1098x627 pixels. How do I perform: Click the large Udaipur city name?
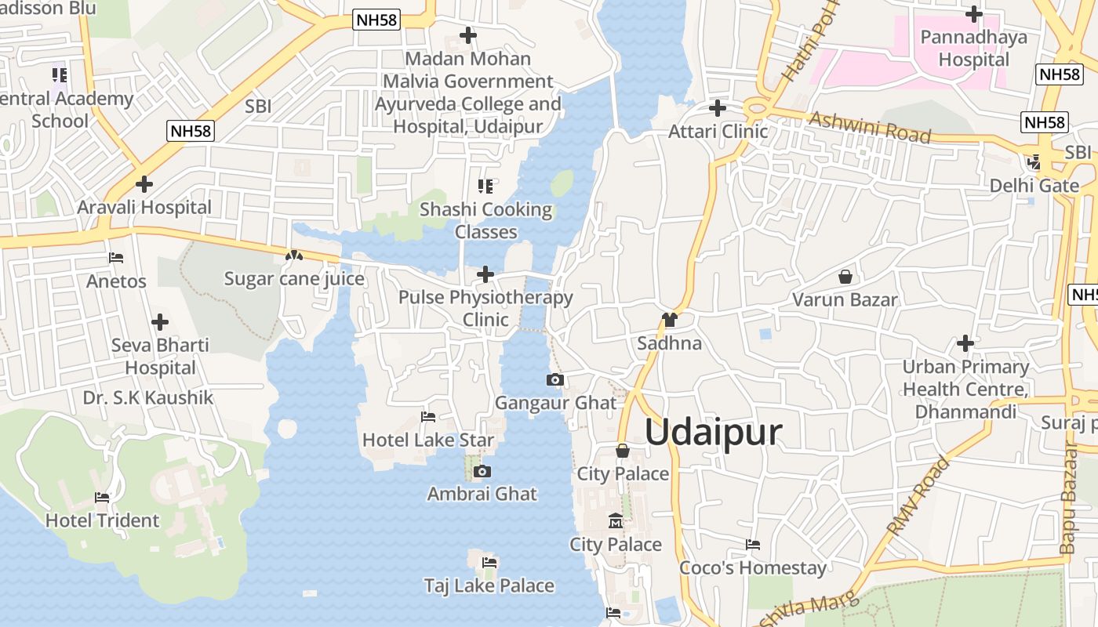[714, 433]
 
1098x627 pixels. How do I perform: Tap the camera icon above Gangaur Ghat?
[555, 380]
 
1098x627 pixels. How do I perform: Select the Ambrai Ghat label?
[482, 494]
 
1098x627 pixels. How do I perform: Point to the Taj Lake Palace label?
[489, 585]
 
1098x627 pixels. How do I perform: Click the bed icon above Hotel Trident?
[102, 497]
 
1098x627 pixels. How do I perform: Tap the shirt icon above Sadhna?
[669, 320]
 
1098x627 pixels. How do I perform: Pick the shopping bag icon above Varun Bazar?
[845, 277]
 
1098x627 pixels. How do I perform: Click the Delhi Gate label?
[1034, 186]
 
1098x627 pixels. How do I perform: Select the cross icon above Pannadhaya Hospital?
[974, 14]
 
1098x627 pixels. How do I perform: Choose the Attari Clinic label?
[718, 131]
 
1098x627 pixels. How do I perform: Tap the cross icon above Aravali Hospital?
[144, 184]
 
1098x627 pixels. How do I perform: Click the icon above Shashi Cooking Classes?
[485, 187]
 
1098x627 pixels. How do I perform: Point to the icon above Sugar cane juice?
[294, 256]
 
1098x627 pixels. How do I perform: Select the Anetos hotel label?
[116, 281]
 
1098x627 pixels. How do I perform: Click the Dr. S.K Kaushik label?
[148, 397]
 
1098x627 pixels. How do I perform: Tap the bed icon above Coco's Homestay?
[753, 545]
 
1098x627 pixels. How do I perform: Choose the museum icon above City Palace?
[616, 521]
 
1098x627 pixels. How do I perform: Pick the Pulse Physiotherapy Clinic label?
[485, 308]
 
